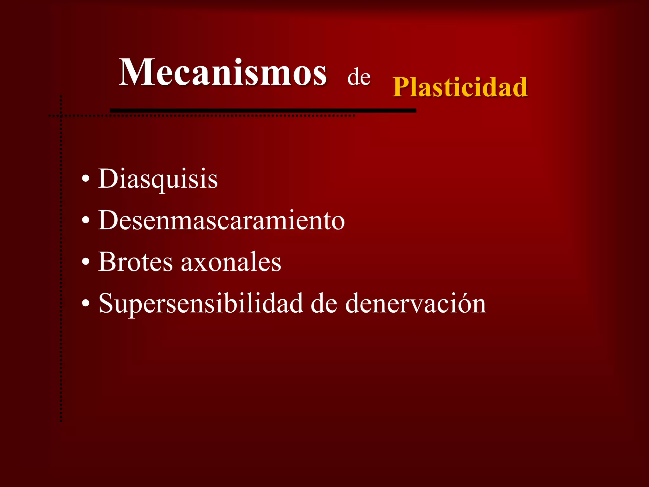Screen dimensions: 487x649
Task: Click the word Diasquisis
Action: (x=158, y=179)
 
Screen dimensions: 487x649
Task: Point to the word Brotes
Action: (x=135, y=262)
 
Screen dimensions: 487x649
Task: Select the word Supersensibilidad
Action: (x=201, y=304)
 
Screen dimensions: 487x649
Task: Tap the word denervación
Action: (x=415, y=304)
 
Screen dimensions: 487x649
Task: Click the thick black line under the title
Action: (x=263, y=110)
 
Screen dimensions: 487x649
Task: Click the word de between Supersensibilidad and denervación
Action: (x=324, y=304)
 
